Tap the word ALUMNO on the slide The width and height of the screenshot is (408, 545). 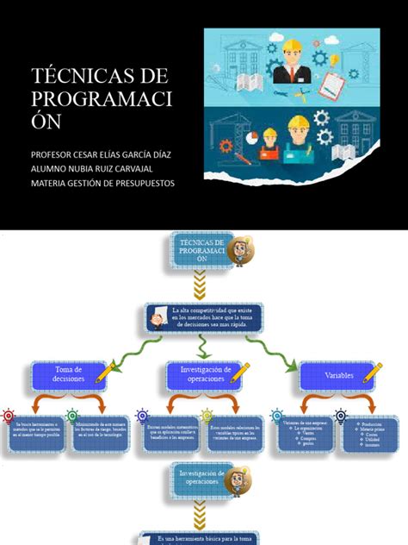coord(53,168)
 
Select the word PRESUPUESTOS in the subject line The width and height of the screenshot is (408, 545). coord(141,183)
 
